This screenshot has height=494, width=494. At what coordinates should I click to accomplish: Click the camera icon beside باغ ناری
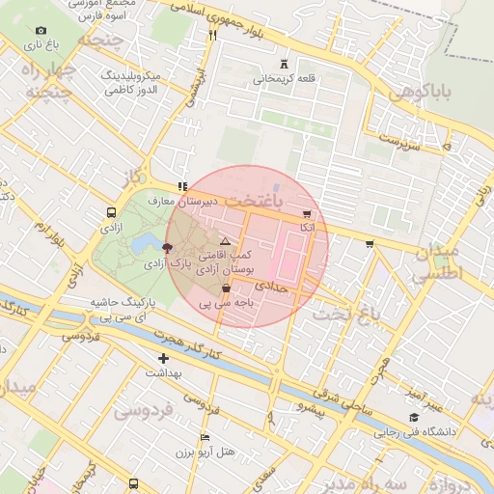[x=40, y=32]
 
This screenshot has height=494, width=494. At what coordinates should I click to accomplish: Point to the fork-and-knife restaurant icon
[x=212, y=34]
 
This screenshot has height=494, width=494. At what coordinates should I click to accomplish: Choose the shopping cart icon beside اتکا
[x=307, y=214]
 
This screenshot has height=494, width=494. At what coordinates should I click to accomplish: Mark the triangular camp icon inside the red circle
[x=225, y=241]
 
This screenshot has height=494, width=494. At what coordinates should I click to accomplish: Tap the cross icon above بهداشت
[x=163, y=359]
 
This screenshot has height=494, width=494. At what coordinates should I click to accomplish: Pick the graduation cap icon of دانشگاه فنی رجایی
[x=414, y=418]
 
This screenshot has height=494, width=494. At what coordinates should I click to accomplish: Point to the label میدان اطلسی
[x=439, y=262]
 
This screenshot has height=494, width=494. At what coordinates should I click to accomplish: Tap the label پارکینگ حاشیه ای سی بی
[x=123, y=309]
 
